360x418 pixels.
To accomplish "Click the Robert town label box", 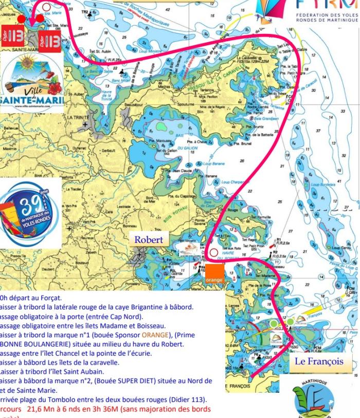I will point(149,239).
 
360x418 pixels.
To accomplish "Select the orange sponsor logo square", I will point(214,276).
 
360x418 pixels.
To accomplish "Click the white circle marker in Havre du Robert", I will point(214,252).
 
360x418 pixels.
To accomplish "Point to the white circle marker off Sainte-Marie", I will point(47,7).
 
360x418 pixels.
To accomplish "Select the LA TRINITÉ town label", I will point(78,117).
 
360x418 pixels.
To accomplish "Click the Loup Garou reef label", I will point(338,248).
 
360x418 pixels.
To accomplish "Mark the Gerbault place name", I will point(108,151).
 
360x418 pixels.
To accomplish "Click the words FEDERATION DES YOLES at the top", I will point(327,16).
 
